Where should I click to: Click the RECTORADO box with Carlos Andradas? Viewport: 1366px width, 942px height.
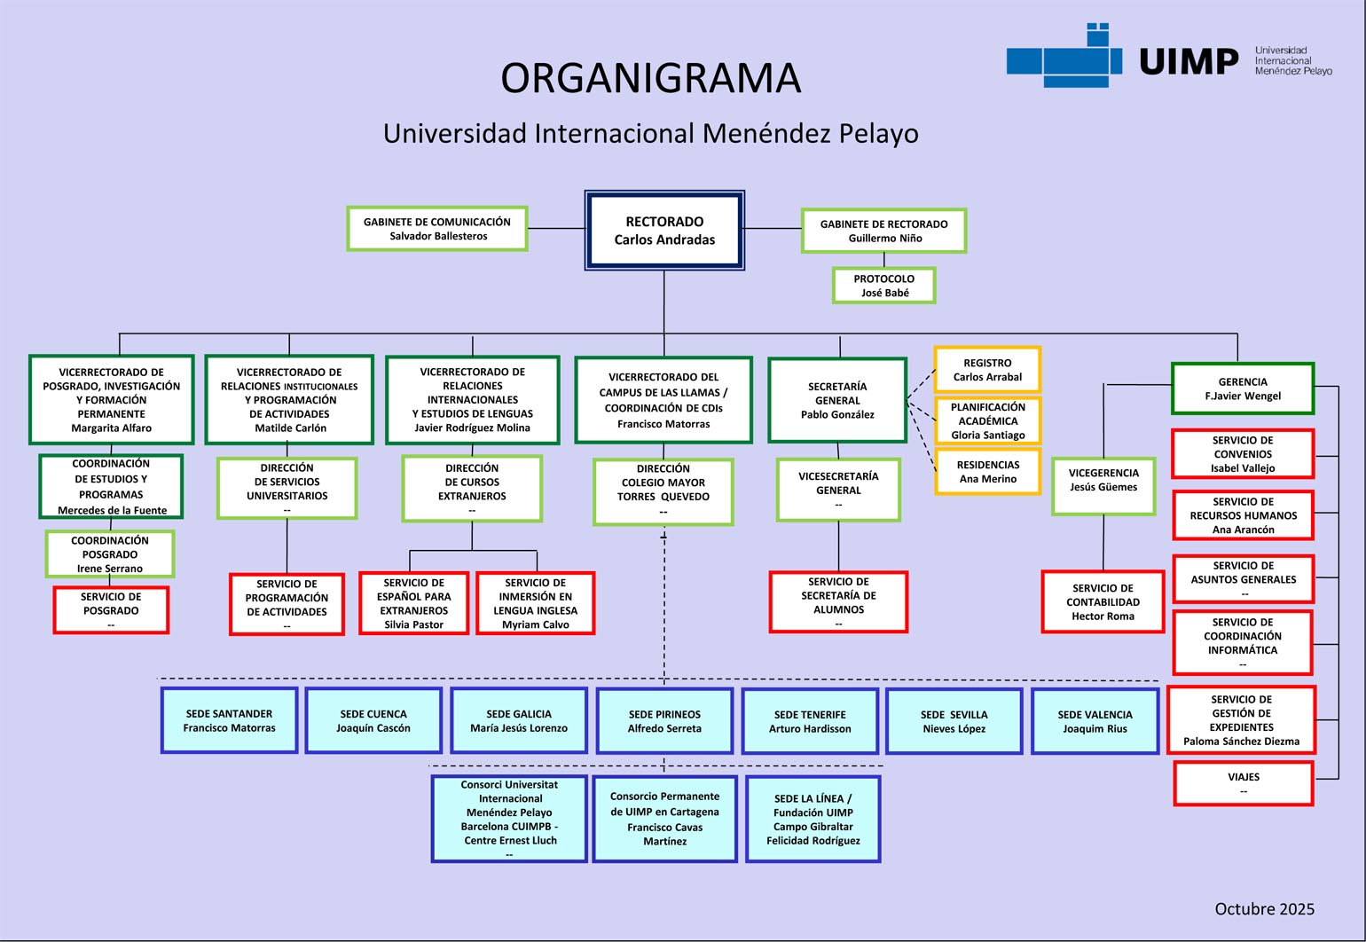663,230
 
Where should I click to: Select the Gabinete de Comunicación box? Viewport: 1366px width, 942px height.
437,229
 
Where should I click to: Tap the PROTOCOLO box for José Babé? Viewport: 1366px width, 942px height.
883,286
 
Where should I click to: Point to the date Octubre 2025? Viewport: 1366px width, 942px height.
1264,908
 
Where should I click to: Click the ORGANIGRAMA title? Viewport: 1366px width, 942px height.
650,78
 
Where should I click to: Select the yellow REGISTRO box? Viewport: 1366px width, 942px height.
986,370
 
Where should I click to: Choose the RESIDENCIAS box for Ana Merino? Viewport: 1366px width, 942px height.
987,471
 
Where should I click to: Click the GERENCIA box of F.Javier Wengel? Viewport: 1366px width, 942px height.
1242,389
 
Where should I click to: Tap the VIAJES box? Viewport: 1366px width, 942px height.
1243,783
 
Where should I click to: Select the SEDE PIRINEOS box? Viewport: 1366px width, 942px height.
664,721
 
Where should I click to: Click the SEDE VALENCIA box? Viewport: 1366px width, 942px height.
1095,721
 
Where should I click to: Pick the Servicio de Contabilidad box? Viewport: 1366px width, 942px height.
1103,601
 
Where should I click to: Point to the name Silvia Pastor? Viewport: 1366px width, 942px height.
413,624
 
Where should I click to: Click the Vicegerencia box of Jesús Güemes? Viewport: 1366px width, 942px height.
1103,485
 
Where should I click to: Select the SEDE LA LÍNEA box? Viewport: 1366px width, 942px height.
813,819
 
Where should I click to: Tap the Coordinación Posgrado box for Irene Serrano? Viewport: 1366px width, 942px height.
110,554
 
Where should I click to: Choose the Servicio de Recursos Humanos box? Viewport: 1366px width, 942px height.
1243,515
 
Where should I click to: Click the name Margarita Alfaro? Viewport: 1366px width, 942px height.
111,428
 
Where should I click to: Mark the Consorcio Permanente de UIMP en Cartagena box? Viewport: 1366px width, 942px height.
664,819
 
